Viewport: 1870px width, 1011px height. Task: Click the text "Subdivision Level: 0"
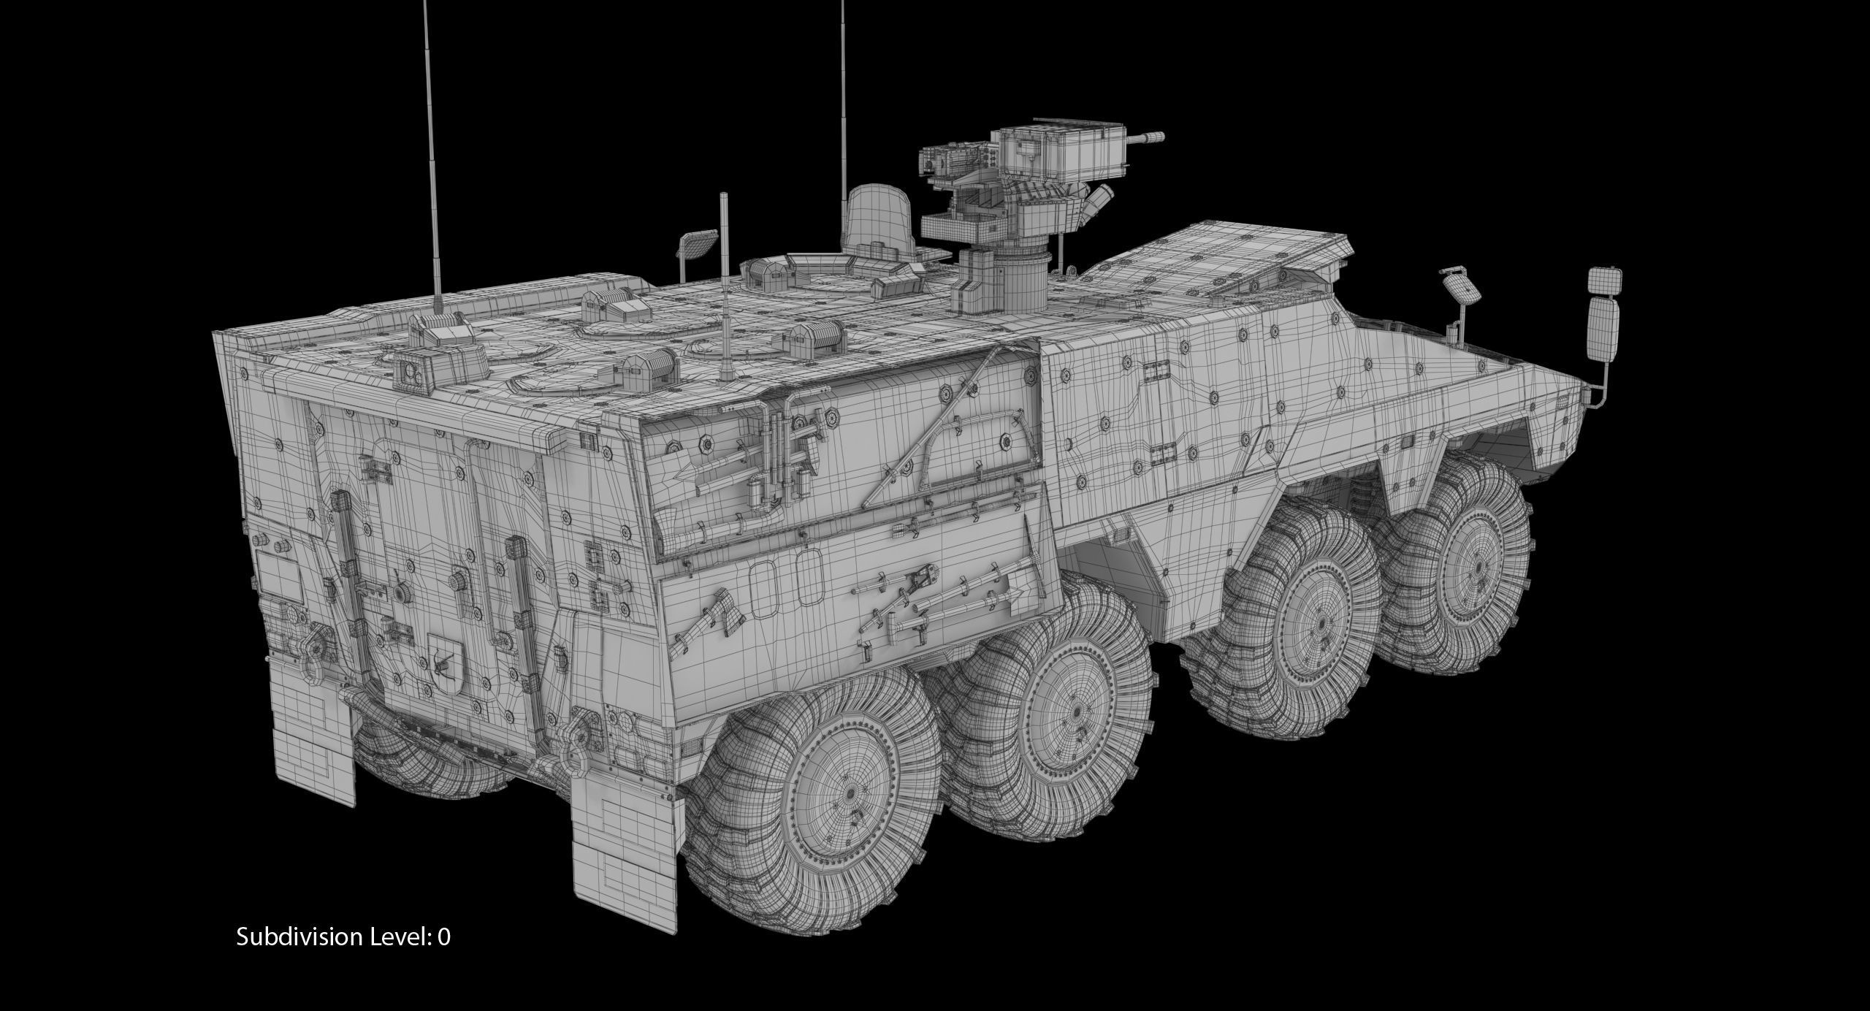343,936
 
